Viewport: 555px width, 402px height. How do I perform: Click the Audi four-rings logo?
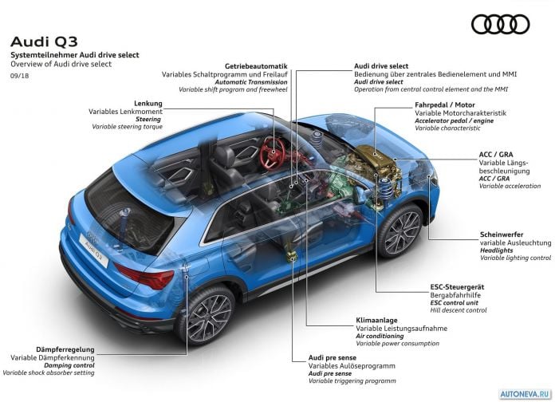pos(500,25)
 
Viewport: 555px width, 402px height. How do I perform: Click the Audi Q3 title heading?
pos(44,41)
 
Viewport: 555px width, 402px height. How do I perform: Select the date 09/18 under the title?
pos(19,76)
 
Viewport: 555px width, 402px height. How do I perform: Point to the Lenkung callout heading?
pos(148,104)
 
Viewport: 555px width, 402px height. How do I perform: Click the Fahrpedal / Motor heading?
pos(445,104)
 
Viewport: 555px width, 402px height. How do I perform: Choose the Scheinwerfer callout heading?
pos(502,235)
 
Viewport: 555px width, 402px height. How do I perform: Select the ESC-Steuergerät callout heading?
pos(457,287)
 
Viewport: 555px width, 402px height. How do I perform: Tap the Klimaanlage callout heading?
pos(376,320)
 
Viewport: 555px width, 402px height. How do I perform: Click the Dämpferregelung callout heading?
pos(65,349)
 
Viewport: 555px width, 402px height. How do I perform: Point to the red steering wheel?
pos(272,154)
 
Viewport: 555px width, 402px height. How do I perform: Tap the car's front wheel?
pos(400,231)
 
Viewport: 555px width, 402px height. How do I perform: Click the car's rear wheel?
pos(207,314)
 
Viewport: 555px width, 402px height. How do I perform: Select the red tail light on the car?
pos(145,275)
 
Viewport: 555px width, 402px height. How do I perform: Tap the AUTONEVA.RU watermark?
pos(525,394)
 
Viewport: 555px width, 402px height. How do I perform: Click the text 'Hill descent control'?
pos(459,310)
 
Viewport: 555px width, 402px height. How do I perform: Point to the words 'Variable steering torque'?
pos(127,127)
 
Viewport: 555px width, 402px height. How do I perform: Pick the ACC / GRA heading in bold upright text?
pos(495,155)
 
